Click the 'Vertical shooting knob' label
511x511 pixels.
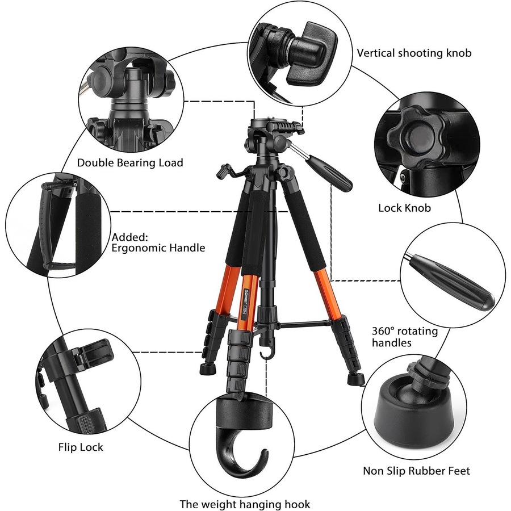coord(414,53)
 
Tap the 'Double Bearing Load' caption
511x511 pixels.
coord(130,163)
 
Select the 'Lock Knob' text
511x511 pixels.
coord(404,208)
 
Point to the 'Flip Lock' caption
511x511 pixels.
coord(81,447)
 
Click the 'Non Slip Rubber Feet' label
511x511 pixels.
coord(416,471)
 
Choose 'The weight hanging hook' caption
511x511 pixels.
coord(245,504)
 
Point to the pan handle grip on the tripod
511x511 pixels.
coord(332,173)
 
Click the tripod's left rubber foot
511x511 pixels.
coord(208,370)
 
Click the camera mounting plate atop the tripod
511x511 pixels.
coord(269,123)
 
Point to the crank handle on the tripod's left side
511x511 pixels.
coord(226,170)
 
